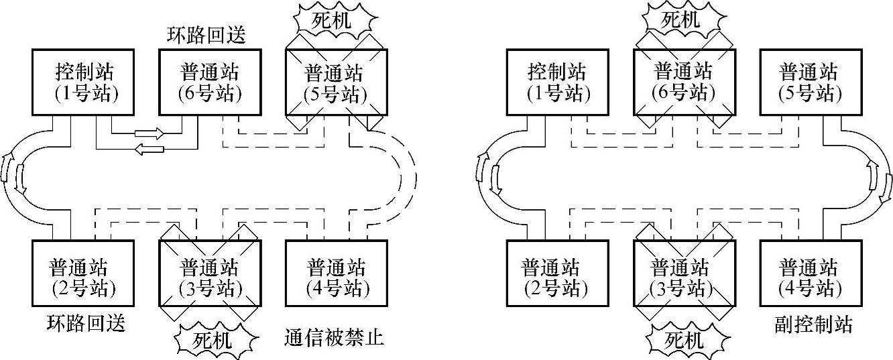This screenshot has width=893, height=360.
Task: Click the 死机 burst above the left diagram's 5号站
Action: [335, 20]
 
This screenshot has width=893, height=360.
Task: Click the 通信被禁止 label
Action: [334, 338]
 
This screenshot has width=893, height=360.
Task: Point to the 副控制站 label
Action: [812, 326]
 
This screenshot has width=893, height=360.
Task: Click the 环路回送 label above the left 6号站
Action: [206, 36]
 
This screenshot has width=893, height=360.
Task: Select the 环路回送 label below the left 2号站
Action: [86, 324]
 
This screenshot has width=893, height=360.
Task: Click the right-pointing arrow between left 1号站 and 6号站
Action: [150, 133]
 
